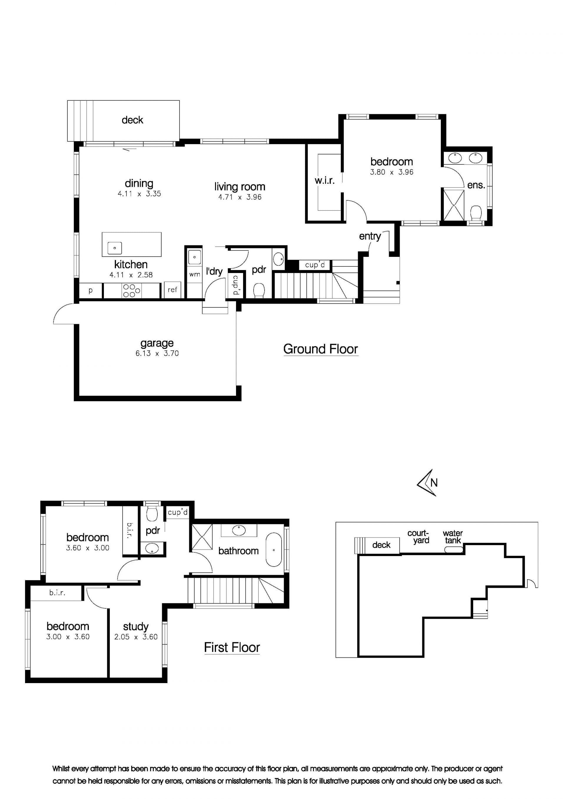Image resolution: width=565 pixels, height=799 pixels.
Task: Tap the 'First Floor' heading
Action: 232,647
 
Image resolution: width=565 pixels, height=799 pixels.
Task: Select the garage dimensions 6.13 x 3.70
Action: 157,354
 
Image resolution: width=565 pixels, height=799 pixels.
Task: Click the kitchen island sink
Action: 114,248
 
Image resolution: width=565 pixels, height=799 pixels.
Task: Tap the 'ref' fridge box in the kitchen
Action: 172,290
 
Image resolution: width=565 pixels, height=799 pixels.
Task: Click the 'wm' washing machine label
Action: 195,274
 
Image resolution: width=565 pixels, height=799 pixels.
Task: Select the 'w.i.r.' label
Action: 325,180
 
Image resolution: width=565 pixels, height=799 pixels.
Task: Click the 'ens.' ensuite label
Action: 476,185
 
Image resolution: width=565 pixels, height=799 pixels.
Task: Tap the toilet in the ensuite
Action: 476,213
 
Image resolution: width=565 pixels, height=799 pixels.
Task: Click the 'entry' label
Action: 370,236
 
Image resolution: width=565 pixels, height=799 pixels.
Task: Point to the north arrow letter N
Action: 434,483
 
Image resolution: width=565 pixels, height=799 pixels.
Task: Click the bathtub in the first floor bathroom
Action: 274,550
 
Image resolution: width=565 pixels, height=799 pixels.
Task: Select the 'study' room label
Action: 136,627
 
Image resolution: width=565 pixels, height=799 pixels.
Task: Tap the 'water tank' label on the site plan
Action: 453,537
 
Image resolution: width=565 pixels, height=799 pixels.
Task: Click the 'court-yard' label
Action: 419,537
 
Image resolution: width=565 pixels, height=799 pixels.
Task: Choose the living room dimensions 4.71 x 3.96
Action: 240,197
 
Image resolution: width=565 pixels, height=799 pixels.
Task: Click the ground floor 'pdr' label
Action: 259,270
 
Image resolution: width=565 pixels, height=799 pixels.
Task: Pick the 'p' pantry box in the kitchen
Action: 91,291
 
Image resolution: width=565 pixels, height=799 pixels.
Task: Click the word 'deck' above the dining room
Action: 132,120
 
